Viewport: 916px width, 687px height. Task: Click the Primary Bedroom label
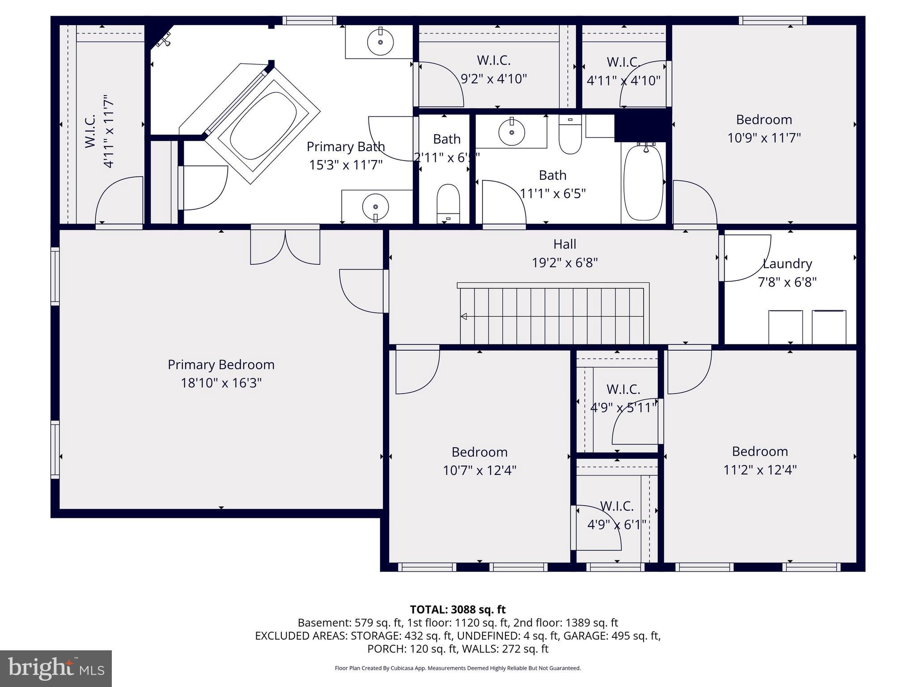[x=221, y=365]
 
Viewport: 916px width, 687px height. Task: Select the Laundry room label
[x=787, y=264]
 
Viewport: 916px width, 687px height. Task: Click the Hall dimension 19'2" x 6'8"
[x=564, y=263]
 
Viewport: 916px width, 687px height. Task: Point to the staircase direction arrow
[x=464, y=317]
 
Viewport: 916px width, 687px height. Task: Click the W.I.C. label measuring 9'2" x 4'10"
[x=494, y=60]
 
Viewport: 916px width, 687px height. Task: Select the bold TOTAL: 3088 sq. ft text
[x=458, y=610]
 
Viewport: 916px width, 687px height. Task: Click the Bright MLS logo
[x=55, y=669]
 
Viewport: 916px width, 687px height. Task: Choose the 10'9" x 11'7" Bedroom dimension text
[x=764, y=138]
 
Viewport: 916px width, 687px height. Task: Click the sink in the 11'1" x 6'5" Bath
[x=511, y=132]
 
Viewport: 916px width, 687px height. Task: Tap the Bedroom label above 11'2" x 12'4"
[x=759, y=451]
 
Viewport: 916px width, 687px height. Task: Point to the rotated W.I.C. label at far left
[x=90, y=131]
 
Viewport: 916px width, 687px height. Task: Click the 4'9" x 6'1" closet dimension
[x=616, y=525]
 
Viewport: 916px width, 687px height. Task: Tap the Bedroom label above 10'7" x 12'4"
[x=479, y=452]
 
